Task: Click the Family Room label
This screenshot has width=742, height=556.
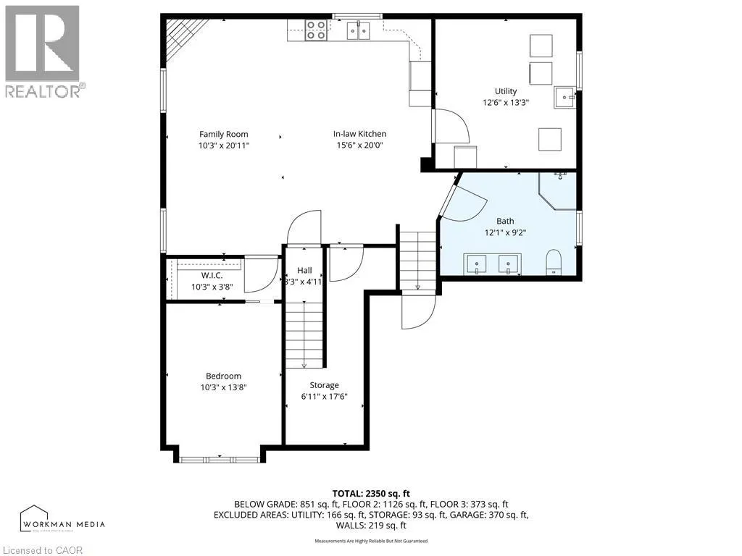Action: [x=223, y=134]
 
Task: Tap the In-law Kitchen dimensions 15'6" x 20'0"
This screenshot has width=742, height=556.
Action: [x=359, y=145]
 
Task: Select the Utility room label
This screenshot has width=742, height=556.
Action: [x=505, y=91]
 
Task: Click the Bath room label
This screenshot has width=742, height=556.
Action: [x=505, y=221]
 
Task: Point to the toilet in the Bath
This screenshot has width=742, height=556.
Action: [x=554, y=262]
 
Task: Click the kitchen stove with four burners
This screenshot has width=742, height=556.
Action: [x=315, y=30]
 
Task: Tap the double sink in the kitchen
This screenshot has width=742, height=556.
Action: [x=357, y=30]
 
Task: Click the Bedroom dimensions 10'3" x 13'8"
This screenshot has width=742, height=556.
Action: [x=223, y=387]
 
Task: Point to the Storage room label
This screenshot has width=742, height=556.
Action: [x=324, y=385]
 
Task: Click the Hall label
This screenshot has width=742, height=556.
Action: [x=304, y=270]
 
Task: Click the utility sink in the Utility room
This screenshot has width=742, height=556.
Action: [x=564, y=97]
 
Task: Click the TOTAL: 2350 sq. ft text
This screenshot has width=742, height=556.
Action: [x=370, y=493]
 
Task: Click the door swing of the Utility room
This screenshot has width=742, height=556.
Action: [x=453, y=126]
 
